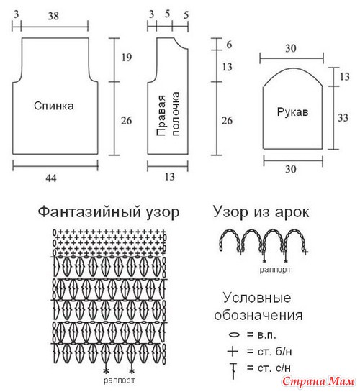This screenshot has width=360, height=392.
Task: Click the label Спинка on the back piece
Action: pyautogui.click(x=54, y=106)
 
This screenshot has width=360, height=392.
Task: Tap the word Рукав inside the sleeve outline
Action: pyautogui.click(x=292, y=112)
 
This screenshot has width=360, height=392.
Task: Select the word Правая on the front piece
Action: pyautogui.click(x=161, y=115)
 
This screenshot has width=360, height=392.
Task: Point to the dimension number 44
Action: pyautogui.click(x=51, y=178)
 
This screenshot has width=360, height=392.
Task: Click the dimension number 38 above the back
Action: pyautogui.click(x=53, y=17)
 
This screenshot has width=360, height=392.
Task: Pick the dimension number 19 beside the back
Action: pyautogui.click(x=127, y=58)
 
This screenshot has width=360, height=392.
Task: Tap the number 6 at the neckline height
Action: pyautogui.click(x=229, y=45)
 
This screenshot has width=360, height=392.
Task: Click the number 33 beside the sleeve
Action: pyautogui.click(x=343, y=117)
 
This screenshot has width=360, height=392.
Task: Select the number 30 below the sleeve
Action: pyautogui.click(x=291, y=169)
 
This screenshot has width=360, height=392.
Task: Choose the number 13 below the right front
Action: pyautogui.click(x=170, y=177)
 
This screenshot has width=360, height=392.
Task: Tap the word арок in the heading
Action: pyautogui.click(x=292, y=212)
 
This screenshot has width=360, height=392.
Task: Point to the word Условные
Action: pyautogui.click(x=257, y=298)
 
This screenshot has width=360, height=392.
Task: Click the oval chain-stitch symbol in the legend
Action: pyautogui.click(x=234, y=334)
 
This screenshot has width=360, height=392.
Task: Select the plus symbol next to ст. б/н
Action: pyautogui.click(x=233, y=351)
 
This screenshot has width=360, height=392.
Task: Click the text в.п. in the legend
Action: pyautogui.click(x=266, y=335)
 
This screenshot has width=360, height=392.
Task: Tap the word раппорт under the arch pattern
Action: pyautogui.click(x=275, y=270)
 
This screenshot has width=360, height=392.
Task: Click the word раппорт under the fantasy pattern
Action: pyautogui.click(x=120, y=380)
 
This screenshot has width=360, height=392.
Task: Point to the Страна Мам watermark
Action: pyautogui.click(x=318, y=381)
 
